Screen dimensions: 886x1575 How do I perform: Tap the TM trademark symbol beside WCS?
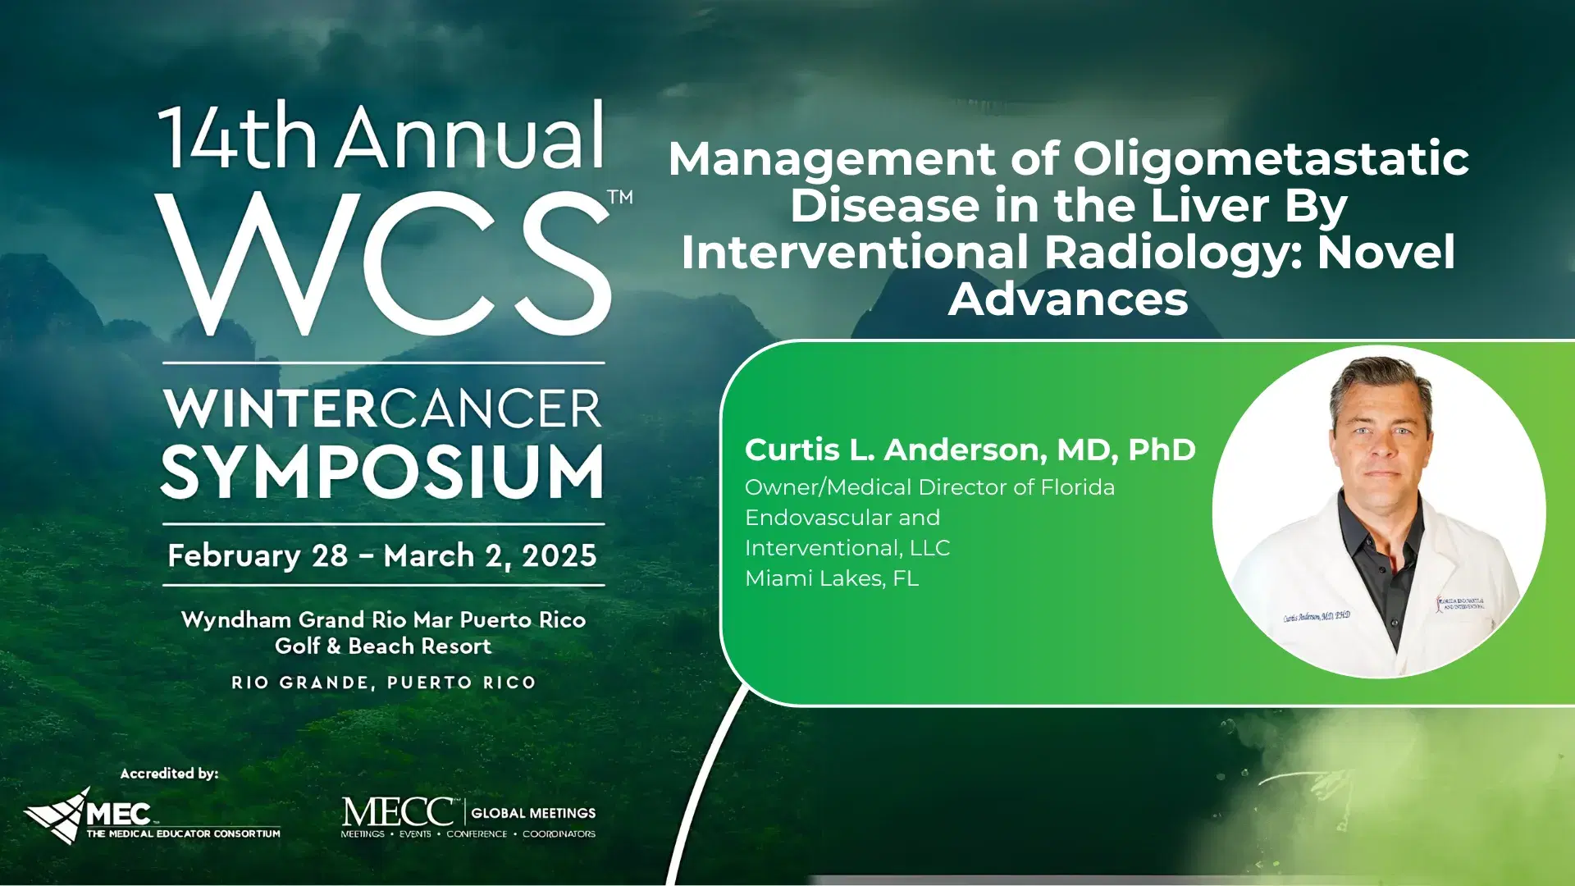coord(620,197)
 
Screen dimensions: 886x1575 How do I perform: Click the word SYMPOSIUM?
coord(382,473)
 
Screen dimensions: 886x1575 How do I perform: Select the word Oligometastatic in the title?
coord(1271,158)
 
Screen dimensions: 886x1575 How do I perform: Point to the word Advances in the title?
coord(1068,299)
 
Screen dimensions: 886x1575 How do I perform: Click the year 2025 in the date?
coord(559,556)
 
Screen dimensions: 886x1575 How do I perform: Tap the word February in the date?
coord(234,556)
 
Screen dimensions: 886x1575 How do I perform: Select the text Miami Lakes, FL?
coord(831,578)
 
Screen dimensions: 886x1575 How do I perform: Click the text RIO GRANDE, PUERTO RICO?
coord(383,683)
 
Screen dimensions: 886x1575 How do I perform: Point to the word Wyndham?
coord(235,619)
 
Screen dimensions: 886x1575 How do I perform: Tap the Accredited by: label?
coord(169,774)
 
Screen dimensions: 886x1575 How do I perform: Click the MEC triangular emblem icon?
coord(57,815)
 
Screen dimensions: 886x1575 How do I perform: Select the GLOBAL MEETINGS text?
coord(533,813)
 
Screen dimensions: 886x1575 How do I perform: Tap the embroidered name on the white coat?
coord(1316,616)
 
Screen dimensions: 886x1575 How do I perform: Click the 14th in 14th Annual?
coord(237,138)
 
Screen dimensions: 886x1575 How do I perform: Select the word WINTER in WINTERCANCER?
coord(270,409)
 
